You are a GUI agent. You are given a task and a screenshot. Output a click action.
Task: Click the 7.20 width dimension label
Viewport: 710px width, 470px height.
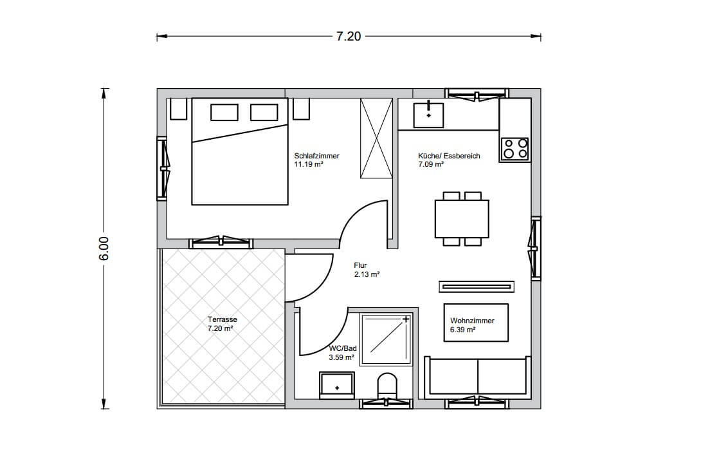(x=348, y=36)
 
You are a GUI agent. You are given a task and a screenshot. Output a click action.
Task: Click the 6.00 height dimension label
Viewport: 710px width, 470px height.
(x=104, y=249)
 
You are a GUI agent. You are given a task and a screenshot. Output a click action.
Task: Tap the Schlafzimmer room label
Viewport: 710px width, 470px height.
(x=316, y=156)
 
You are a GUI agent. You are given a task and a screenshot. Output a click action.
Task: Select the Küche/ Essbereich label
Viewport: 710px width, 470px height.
(x=449, y=156)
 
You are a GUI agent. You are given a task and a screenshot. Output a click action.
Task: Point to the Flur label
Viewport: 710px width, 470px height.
(x=360, y=265)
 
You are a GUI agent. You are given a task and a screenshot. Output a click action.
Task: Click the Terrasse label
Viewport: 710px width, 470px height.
(x=222, y=319)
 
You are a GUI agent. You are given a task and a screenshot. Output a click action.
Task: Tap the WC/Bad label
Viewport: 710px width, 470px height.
(x=343, y=348)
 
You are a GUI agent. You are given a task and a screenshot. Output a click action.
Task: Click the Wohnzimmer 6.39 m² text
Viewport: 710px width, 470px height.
(x=472, y=325)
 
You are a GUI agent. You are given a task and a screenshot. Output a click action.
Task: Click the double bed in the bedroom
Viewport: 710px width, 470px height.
(x=240, y=151)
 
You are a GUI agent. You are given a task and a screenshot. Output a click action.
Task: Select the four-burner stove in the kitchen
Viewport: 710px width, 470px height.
(x=515, y=149)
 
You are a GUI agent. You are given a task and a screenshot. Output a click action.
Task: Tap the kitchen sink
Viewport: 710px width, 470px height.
(x=428, y=115)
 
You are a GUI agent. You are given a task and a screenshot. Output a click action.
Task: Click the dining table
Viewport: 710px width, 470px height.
(x=462, y=219)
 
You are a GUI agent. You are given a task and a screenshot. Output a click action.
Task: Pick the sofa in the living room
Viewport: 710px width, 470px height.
(x=477, y=377)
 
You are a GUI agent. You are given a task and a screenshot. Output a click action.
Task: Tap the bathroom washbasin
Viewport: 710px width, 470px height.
(x=336, y=385)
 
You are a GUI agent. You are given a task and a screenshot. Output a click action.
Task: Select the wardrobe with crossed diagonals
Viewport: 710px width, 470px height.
(x=376, y=138)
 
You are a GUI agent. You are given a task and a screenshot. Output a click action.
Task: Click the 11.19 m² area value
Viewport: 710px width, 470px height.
(x=309, y=165)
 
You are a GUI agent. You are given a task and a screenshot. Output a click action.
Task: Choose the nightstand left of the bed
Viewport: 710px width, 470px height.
(x=178, y=109)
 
